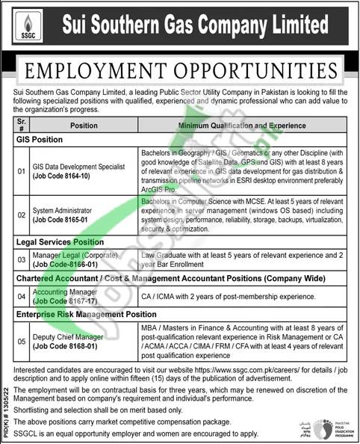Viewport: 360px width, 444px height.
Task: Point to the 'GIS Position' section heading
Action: pos(40,140)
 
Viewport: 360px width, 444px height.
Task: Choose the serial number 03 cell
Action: pos(22,259)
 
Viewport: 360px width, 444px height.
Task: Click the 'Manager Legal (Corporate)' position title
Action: pos(78,255)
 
